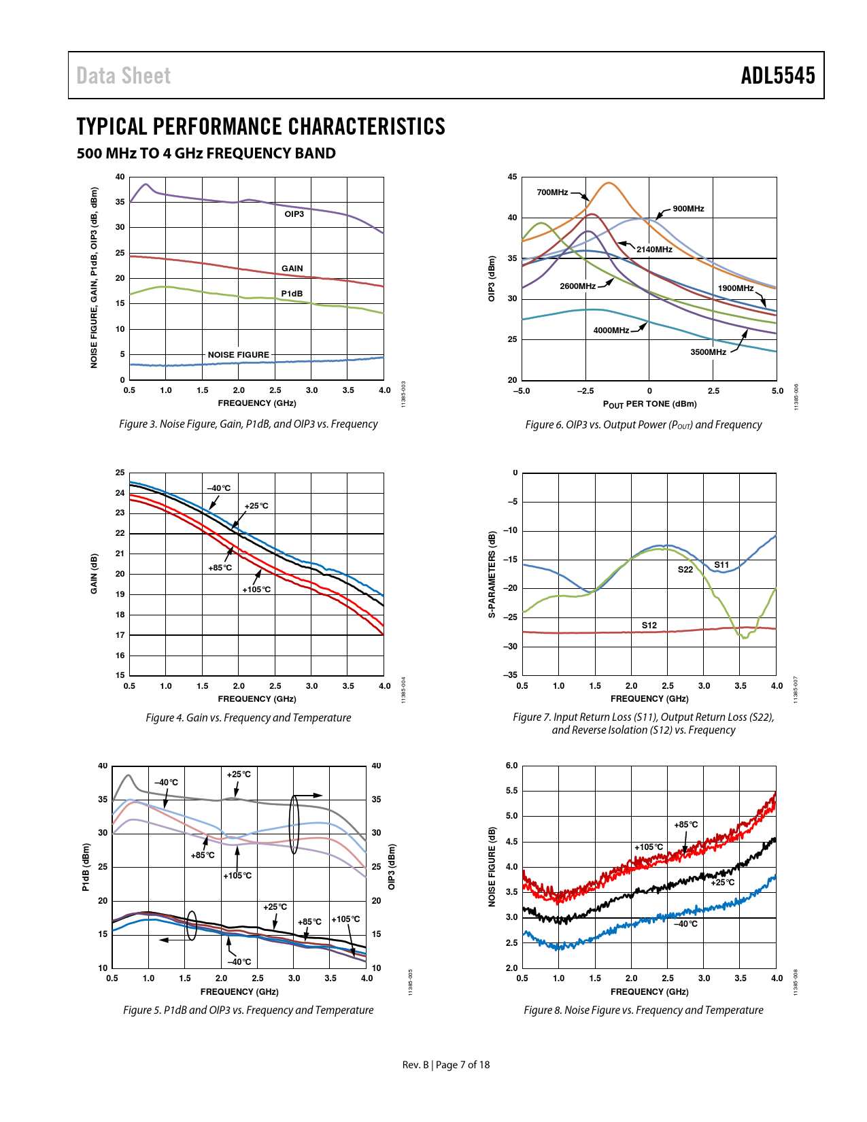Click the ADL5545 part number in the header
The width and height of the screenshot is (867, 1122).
pos(778,75)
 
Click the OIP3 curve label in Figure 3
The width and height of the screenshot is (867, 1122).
pos(294,214)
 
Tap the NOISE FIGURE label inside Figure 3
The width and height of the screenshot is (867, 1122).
pos(239,355)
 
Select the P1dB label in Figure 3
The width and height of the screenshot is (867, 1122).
pos(292,294)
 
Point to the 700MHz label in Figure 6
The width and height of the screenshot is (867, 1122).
pos(552,192)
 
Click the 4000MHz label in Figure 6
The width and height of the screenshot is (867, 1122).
pos(611,330)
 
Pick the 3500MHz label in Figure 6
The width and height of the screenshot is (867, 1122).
pos(708,352)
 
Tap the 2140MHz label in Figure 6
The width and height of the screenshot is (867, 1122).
pos(654,250)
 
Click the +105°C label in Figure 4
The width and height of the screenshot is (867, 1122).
pos(256,589)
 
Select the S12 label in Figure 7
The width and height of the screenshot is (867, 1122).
pos(649,626)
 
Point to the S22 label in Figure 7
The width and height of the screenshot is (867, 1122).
pos(685,570)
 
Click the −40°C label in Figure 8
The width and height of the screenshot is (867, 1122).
pos(685,923)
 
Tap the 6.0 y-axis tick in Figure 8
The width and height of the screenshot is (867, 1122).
pos(511,766)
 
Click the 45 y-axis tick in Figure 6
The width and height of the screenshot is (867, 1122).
pos(512,177)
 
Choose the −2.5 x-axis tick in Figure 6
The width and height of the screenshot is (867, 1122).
pos(585,391)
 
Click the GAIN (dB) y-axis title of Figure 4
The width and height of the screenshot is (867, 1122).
pos(94,574)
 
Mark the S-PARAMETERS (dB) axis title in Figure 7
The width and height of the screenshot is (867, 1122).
pos(492,574)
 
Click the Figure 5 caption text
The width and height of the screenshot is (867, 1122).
pos(248,1010)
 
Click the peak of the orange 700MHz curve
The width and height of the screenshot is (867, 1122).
pos(609,183)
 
